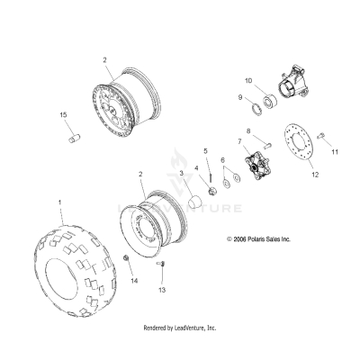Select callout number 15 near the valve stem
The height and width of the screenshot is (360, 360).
[64, 115]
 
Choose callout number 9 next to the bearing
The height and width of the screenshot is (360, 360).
[240, 98]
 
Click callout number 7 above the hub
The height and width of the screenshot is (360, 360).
[238, 142]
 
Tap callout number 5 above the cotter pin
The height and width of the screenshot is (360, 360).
[206, 150]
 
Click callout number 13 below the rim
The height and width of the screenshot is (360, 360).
[163, 291]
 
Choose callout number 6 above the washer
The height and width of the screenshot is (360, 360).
[222, 160]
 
